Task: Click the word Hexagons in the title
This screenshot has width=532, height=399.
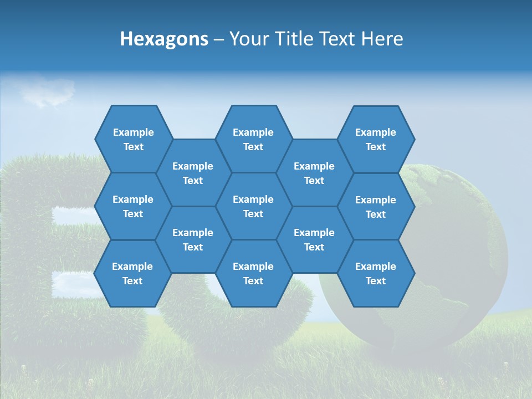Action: [x=164, y=39]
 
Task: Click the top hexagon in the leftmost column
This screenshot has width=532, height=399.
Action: [x=133, y=139]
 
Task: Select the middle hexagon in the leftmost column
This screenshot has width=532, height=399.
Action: [x=133, y=206]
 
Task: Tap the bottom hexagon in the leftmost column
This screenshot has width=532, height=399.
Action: [x=132, y=273]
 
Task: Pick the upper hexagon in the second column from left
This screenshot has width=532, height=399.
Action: [x=193, y=173]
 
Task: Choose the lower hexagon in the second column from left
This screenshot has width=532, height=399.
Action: [x=193, y=239]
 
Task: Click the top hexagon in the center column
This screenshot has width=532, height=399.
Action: [x=253, y=139]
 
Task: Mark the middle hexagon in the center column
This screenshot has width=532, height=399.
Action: [x=253, y=206]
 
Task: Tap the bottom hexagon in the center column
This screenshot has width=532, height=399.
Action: [x=253, y=273]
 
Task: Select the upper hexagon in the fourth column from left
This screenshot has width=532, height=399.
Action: [x=314, y=173]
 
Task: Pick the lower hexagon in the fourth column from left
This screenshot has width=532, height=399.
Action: [x=314, y=239]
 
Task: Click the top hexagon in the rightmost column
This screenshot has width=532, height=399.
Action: [x=376, y=139]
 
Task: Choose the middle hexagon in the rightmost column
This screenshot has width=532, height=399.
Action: [x=376, y=207]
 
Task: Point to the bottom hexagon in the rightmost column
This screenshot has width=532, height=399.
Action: [x=376, y=273]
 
